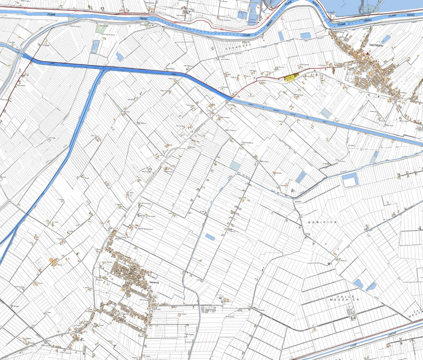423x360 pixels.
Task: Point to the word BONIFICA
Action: point(322,222)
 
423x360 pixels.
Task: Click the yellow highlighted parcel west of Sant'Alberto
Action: point(292,78)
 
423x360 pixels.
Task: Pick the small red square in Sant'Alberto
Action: point(368,54)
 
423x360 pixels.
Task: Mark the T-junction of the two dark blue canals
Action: point(104,69)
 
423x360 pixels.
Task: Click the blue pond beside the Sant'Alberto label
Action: point(386,39)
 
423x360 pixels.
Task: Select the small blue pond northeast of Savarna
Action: point(210,237)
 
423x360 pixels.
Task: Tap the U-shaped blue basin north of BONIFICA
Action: point(350,180)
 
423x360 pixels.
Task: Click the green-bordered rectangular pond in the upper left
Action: point(95,47)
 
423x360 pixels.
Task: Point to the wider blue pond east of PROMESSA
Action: point(306,36)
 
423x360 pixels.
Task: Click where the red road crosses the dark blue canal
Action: point(229,98)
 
